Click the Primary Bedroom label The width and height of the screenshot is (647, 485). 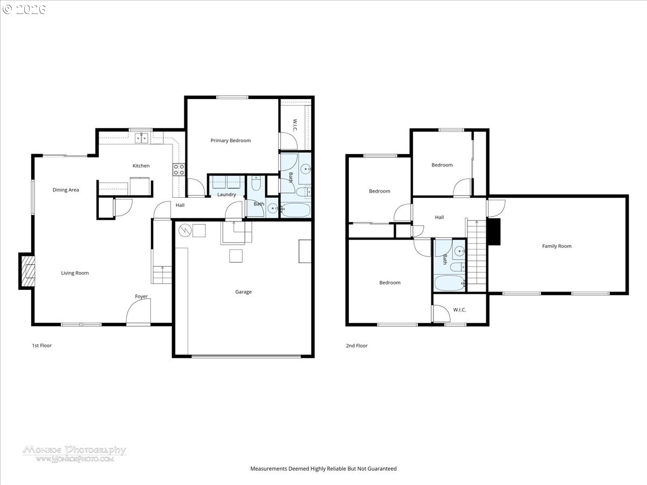click(231, 141)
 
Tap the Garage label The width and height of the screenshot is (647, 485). click(243, 292)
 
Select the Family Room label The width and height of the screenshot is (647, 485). click(556, 246)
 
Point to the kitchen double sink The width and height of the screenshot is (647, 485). click(141, 138)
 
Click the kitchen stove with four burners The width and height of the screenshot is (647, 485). click(178, 170)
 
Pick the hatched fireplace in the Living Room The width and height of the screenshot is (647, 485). click(27, 271)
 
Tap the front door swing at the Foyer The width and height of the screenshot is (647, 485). click(138, 311)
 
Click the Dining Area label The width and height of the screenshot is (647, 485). click(66, 190)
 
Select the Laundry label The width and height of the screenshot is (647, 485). click(226, 195)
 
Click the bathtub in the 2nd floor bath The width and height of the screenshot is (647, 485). click(449, 283)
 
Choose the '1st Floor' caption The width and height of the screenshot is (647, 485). click(42, 345)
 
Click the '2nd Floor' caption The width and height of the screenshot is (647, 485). click(357, 346)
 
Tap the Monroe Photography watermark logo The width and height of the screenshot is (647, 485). click(74, 454)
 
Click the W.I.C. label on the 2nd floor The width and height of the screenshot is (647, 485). click(459, 310)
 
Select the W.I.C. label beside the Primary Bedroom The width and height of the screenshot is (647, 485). click(295, 125)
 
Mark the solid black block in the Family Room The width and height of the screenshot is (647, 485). click(494, 232)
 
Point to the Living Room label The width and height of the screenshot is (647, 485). click(75, 273)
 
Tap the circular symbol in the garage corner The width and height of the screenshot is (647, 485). click(185, 231)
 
